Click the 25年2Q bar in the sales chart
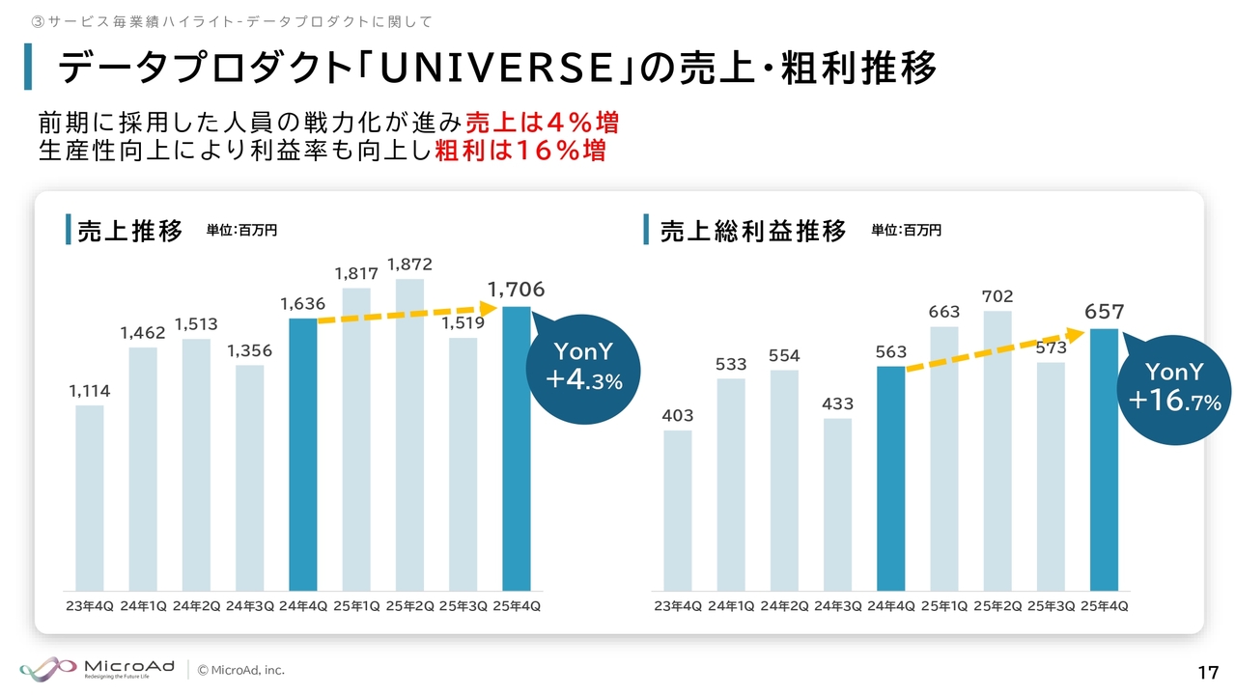(x=409, y=434)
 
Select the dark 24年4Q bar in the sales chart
(x=303, y=454)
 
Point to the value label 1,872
(x=409, y=264)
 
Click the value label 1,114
(x=90, y=391)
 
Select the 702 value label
(x=997, y=296)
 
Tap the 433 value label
(x=838, y=404)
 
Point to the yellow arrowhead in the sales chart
(x=488, y=308)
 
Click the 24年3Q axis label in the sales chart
(x=250, y=606)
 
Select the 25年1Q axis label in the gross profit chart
(x=944, y=606)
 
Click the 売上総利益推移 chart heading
(x=753, y=232)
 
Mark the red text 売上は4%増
(x=542, y=125)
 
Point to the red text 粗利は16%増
(x=520, y=152)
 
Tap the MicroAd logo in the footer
(x=97, y=669)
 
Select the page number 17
(x=1207, y=672)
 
